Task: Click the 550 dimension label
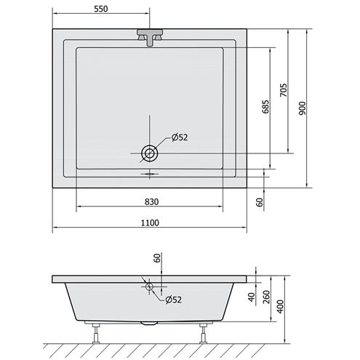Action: click(100, 9)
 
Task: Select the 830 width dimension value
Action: click(151, 201)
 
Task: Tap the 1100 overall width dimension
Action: click(150, 223)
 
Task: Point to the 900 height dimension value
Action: click(302, 108)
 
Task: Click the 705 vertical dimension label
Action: click(284, 90)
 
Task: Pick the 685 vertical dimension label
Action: click(265, 107)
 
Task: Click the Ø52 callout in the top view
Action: click(180, 137)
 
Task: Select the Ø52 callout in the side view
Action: click(174, 300)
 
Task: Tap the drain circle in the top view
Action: click(149, 153)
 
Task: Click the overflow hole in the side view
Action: click(149, 287)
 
